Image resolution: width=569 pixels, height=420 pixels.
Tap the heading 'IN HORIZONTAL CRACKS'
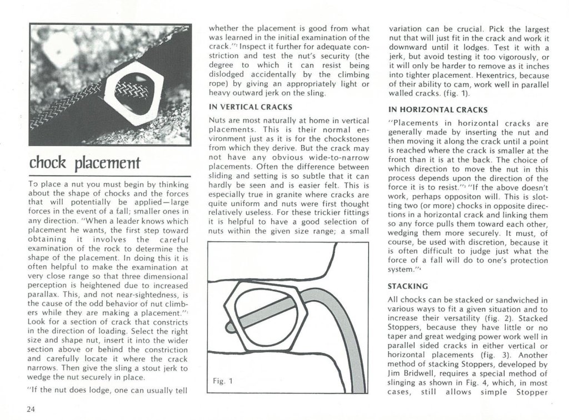coord(437,109)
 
